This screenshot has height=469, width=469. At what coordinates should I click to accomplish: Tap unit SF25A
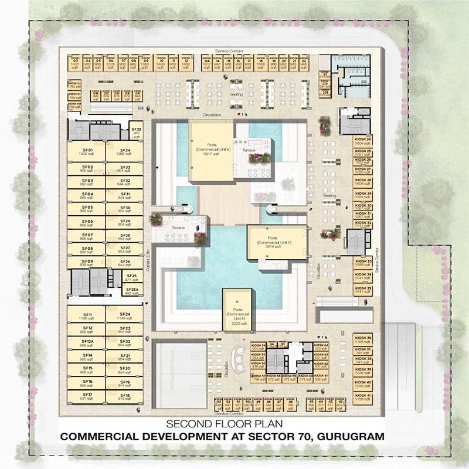coord(134,291)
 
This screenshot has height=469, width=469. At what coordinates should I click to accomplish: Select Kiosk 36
coord(363,341)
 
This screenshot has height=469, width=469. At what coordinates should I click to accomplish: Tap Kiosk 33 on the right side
coord(363,263)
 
